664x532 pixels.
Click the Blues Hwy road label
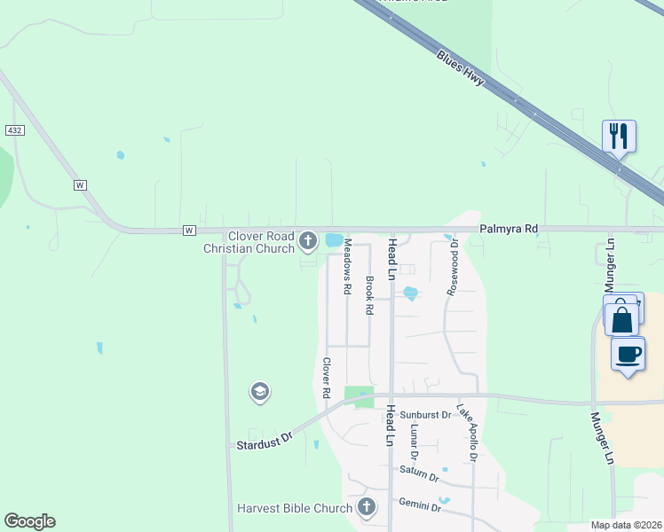click(x=461, y=67)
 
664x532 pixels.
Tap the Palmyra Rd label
click(x=510, y=229)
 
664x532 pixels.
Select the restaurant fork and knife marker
click(x=619, y=136)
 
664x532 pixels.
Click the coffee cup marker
click(x=628, y=354)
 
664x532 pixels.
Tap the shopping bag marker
click(x=622, y=317)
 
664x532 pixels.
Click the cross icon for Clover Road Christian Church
click(x=308, y=240)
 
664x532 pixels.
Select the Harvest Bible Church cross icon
click(x=366, y=508)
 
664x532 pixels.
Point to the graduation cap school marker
click(x=259, y=392)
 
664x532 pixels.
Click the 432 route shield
click(x=13, y=130)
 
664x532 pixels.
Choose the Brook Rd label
click(x=368, y=296)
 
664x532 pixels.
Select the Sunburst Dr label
click(x=425, y=415)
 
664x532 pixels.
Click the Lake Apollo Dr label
click(x=467, y=434)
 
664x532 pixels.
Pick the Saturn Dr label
click(x=419, y=473)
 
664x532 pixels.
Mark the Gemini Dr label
click(x=420, y=504)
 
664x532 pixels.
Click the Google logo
click(x=29, y=521)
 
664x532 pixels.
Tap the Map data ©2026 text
click(x=625, y=526)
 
